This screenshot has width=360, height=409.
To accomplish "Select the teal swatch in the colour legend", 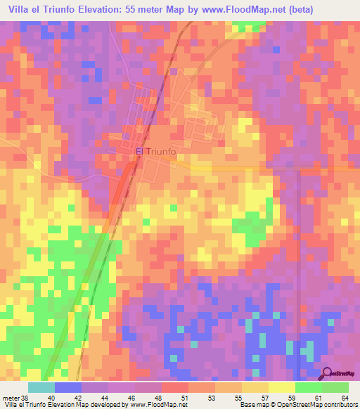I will tap(41, 387).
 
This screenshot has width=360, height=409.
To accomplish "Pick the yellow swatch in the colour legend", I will tap(281, 387).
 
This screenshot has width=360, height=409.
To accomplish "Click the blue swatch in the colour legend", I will tap(68, 387).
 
